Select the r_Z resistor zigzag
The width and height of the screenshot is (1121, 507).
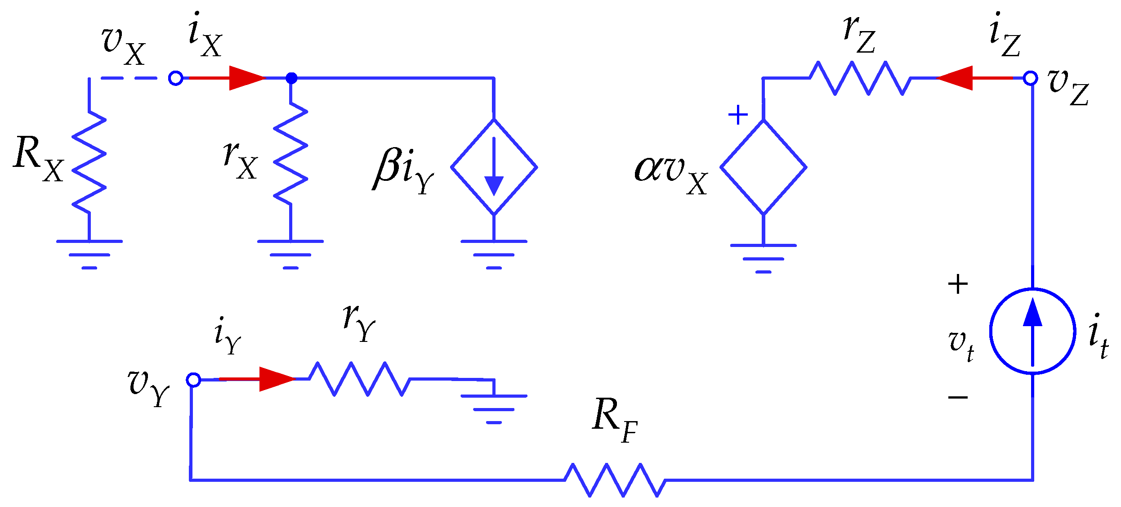pyautogui.click(x=860, y=78)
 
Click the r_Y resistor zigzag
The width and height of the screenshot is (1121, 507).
pyautogui.click(x=360, y=379)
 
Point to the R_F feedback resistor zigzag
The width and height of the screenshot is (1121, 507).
pyautogui.click(x=615, y=480)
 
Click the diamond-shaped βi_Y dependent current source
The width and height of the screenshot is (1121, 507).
pyautogui.click(x=494, y=167)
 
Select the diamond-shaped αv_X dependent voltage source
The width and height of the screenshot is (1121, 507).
pyautogui.click(x=763, y=167)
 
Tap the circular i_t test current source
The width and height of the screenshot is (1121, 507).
pyautogui.click(x=1032, y=331)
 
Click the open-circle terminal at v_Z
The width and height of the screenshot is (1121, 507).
pyautogui.click(x=1030, y=78)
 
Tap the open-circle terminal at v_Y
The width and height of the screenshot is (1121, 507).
pyautogui.click(x=193, y=380)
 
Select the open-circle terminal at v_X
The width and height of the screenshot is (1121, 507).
pyautogui.click(x=175, y=78)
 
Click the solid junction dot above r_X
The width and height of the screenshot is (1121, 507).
pyautogui.click(x=291, y=78)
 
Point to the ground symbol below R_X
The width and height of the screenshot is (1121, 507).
pyautogui.click(x=89, y=254)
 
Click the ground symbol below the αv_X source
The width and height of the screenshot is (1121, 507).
pyautogui.click(x=763, y=258)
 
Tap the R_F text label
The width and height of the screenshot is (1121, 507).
pyautogui.click(x=614, y=421)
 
